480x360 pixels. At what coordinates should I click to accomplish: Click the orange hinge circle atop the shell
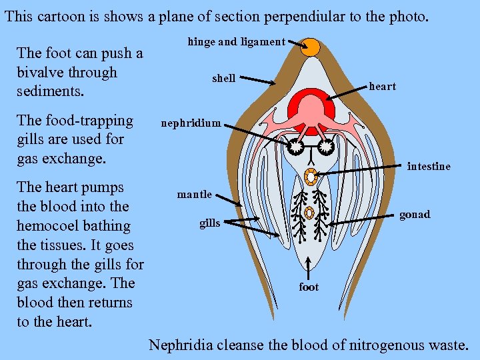[311, 47]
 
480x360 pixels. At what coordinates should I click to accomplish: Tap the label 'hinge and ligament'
[236, 42]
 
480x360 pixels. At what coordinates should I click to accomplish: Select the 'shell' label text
[223, 79]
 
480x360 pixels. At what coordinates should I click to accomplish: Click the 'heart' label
[382, 86]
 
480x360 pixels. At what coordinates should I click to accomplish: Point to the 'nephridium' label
[190, 123]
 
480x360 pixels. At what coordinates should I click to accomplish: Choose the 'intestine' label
[428, 166]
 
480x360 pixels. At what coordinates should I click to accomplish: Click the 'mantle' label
[194, 195]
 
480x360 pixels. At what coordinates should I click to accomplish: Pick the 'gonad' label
[414, 214]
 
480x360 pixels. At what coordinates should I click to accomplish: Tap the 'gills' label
[209, 223]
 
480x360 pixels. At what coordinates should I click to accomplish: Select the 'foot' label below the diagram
[309, 287]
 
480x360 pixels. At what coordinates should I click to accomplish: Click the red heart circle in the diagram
[311, 107]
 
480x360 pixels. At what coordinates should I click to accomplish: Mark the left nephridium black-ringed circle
[296, 146]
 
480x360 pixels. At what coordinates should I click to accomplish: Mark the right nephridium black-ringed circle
[325, 146]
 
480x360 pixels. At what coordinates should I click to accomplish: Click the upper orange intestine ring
[310, 177]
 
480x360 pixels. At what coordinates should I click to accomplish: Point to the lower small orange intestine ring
[309, 213]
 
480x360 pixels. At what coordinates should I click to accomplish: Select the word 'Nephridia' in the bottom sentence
[181, 345]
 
